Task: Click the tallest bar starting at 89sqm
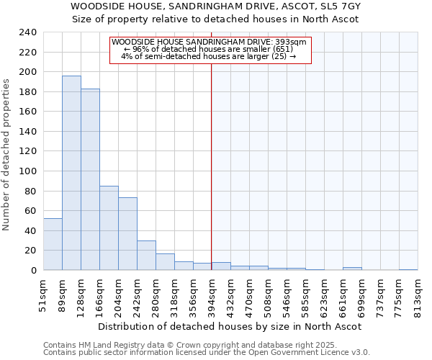coord(71,173)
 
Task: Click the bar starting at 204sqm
coord(127,234)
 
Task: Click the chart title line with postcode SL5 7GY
coord(216,6)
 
